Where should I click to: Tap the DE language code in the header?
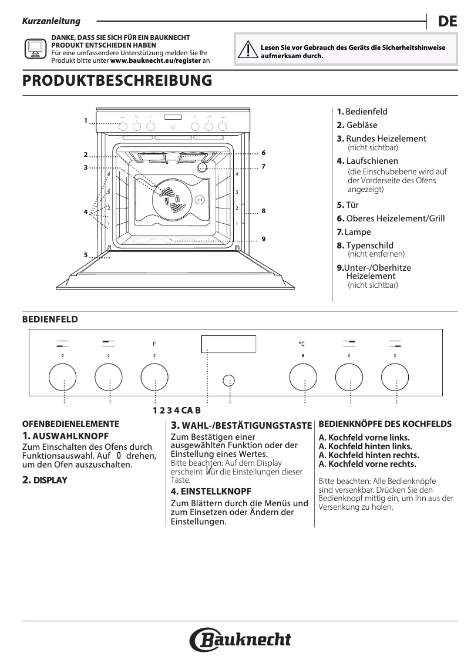447,22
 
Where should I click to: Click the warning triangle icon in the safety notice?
250,51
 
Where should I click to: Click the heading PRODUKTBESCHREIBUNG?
117,81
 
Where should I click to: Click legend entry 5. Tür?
348,205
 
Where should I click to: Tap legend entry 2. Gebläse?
357,125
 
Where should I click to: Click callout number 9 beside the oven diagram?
264,238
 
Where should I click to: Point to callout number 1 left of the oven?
85,120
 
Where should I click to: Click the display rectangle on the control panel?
228,342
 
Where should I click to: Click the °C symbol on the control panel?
301,344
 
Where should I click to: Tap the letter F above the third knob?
154,343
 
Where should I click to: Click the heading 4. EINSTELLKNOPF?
211,490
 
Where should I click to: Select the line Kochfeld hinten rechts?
369,455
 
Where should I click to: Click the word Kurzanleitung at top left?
51,22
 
